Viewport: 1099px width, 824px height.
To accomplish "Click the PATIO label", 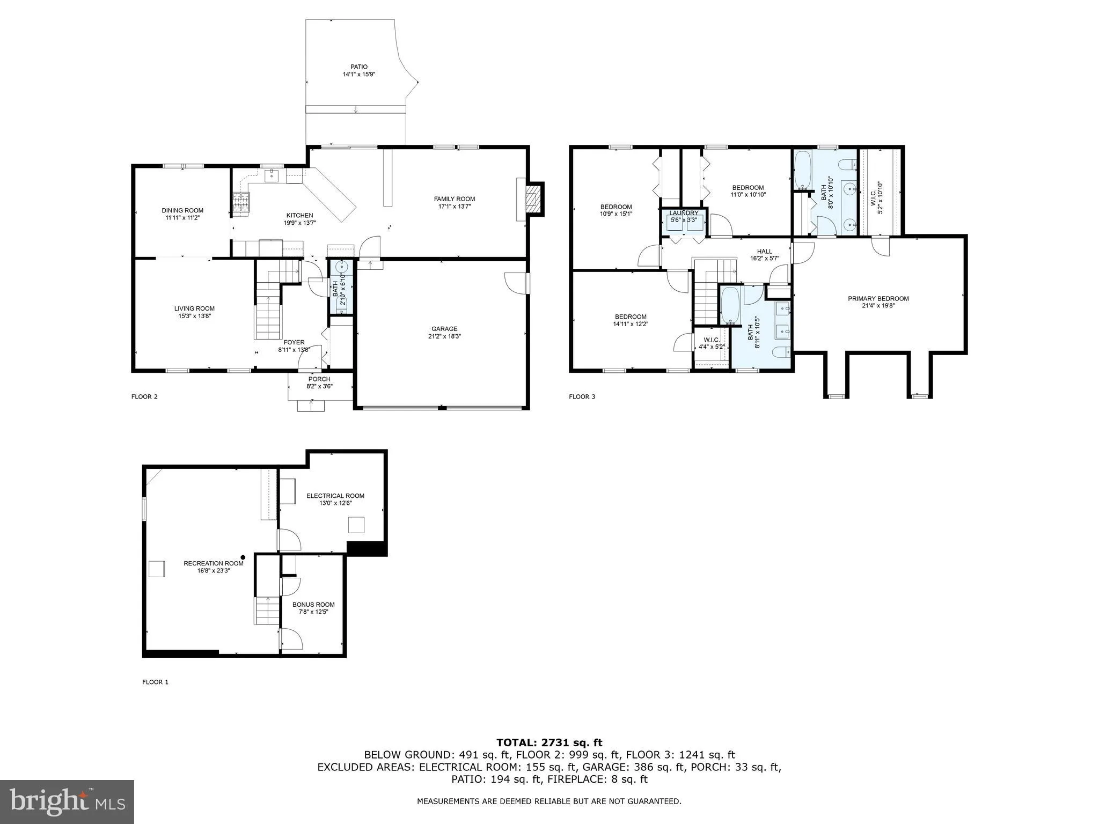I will coord(359,67).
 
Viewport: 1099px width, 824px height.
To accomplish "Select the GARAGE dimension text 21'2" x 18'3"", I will coord(445,337).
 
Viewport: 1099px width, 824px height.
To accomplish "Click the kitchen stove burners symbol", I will coord(241,203).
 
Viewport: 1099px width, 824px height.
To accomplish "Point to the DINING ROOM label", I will coord(182,210).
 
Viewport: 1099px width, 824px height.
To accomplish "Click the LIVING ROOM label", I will coord(194,308).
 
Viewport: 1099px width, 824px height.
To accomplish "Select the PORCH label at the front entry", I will coord(319,379).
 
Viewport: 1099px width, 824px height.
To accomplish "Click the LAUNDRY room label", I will coord(684,213).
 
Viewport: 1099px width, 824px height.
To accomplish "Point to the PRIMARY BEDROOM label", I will coord(878,299).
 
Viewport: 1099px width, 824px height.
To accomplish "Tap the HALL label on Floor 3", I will coord(764,251).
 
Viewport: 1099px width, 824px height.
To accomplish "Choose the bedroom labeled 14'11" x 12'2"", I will coord(631,317).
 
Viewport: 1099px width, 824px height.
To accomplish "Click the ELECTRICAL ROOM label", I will coord(335,496).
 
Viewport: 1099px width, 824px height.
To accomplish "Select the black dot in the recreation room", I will coord(243,557).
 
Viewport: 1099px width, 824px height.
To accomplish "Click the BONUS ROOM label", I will coord(313,604).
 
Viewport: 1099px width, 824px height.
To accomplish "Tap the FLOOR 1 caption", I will coord(155,682).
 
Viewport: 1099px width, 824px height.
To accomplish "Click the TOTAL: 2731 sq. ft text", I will coord(549,742).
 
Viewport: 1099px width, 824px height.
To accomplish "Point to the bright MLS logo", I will coord(67,802).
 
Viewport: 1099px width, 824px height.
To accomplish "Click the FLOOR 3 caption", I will coord(582,396).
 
